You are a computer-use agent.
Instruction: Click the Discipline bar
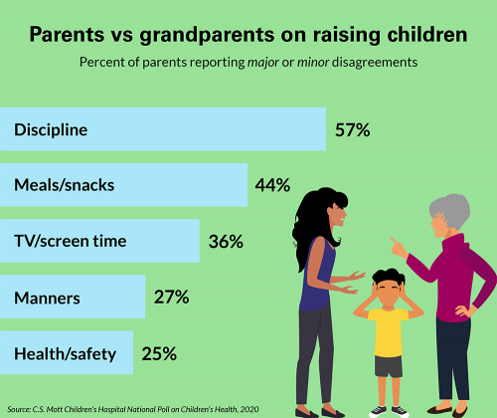pos(163,129)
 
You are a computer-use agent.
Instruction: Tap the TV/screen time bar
pos(99,241)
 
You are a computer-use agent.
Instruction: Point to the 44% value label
pos(271,185)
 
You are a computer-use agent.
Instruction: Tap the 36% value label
pos(225,241)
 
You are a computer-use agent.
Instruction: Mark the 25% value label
pos(158,352)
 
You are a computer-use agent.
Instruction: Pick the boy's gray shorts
pos(388,365)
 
